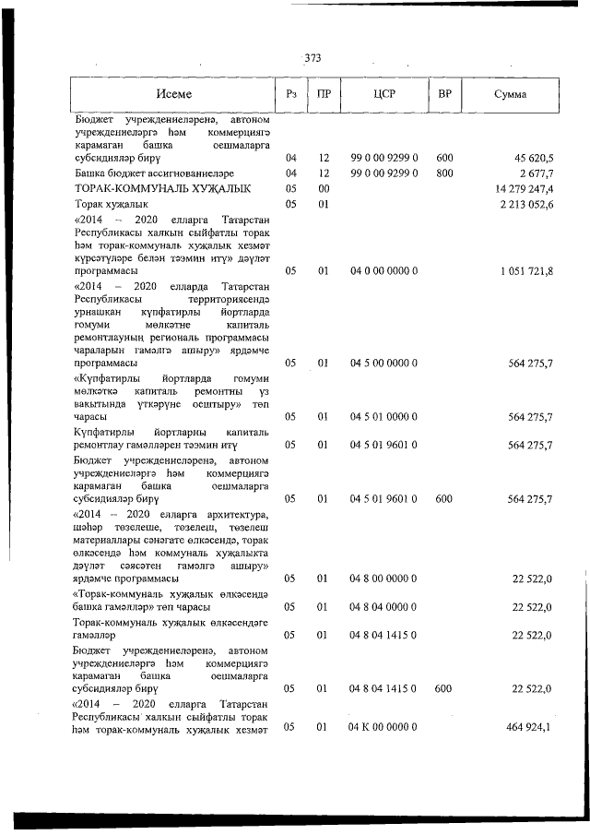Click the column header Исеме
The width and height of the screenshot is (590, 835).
coord(173,94)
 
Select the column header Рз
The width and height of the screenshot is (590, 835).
coord(291,94)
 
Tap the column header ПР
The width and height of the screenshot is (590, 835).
coord(324,94)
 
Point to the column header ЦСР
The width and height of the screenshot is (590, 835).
coord(384,94)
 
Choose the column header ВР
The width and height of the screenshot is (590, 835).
coord(444,94)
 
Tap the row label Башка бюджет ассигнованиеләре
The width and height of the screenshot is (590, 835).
coord(154,173)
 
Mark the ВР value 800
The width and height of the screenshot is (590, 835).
coord(444,173)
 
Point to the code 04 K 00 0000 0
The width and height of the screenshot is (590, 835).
coord(383,728)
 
